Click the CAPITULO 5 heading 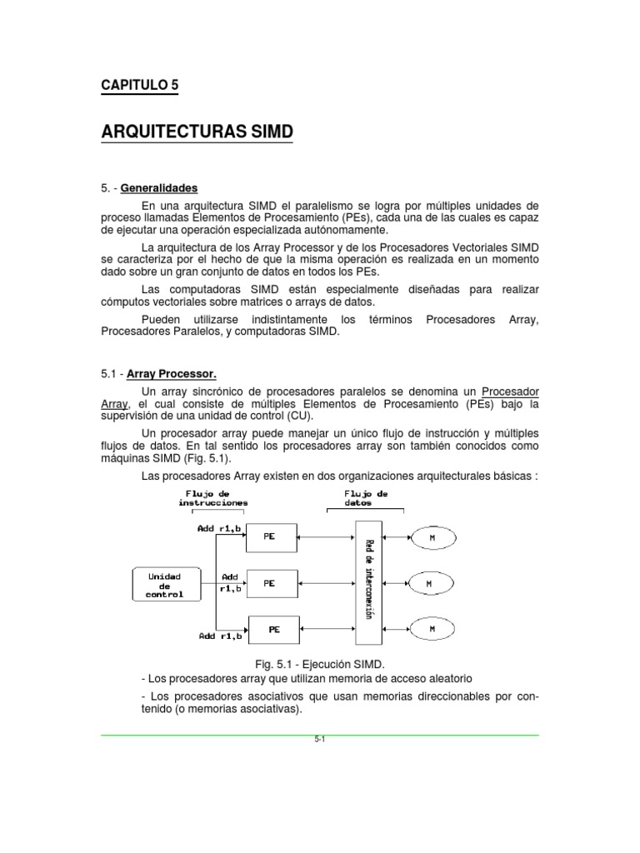click(x=139, y=85)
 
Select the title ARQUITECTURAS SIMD click(x=197, y=132)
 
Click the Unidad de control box click(x=164, y=585)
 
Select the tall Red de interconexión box click(x=368, y=582)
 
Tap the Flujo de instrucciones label click(x=212, y=498)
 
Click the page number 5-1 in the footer click(x=319, y=740)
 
